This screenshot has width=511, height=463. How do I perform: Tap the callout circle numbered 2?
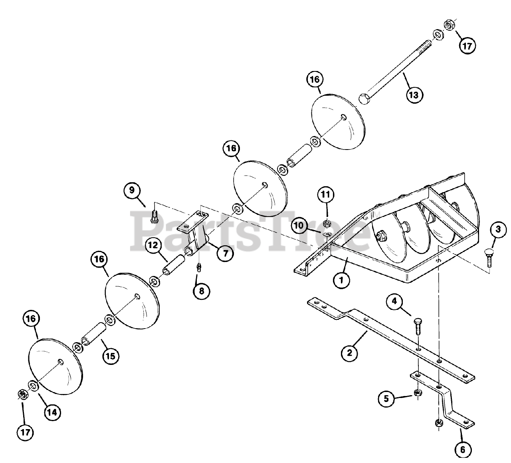(349, 353)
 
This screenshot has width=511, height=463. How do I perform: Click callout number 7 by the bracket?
(226, 253)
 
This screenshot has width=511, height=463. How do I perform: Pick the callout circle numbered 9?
(132, 190)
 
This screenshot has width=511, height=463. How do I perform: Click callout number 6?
(462, 450)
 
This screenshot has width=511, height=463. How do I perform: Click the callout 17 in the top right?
(467, 46)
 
